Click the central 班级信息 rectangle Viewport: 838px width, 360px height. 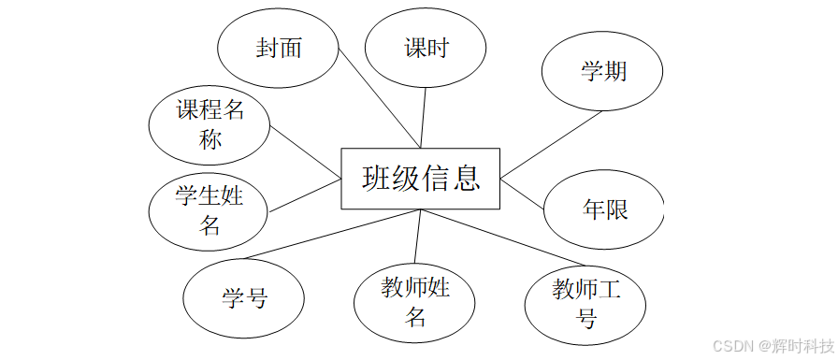pos(421,178)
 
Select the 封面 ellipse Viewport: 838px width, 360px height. pos(278,49)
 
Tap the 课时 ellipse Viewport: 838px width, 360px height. pos(426,49)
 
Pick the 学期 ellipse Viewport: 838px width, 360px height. pos(603,72)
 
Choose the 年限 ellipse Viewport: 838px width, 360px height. pos(604,209)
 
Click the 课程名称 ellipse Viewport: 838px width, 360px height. pos(209,125)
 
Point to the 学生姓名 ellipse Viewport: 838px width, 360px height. pos(209,209)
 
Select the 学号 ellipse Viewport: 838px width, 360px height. pos(244,298)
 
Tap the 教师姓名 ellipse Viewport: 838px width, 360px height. pos(415,301)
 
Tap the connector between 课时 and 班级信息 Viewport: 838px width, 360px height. pos(424,117)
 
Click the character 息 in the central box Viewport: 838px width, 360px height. pos(465,178)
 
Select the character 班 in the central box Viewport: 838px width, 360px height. pos(377,178)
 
